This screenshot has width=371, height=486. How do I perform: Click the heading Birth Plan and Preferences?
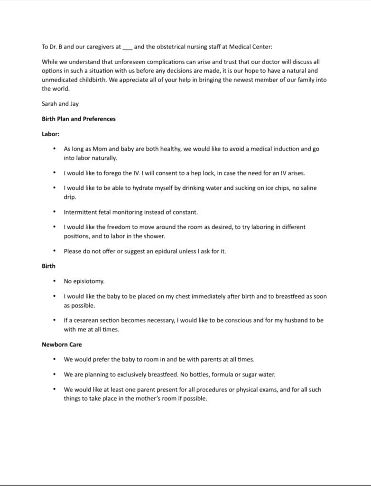[78, 119]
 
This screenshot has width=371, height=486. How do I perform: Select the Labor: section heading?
[50, 134]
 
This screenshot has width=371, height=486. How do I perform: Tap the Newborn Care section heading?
[62, 345]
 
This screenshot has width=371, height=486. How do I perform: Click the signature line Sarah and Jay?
[60, 103]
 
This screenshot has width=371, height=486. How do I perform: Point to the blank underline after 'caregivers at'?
[128, 47]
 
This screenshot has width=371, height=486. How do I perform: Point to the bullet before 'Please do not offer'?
[55, 251]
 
